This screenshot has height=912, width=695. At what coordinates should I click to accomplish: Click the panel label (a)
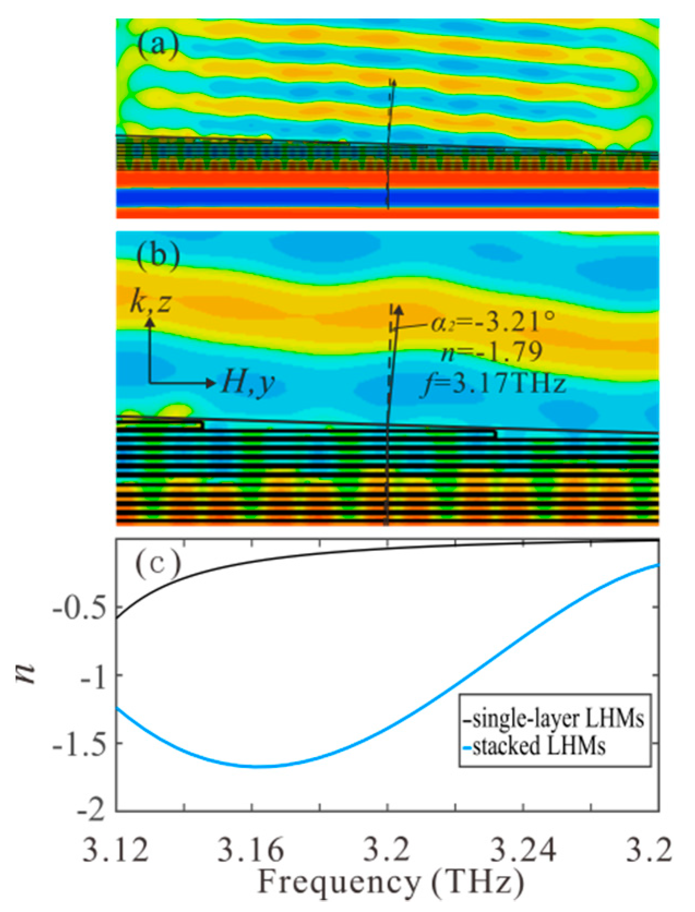click(158, 45)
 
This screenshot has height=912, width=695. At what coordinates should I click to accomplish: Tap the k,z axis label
click(151, 302)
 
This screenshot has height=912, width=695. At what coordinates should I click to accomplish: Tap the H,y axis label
click(247, 383)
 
